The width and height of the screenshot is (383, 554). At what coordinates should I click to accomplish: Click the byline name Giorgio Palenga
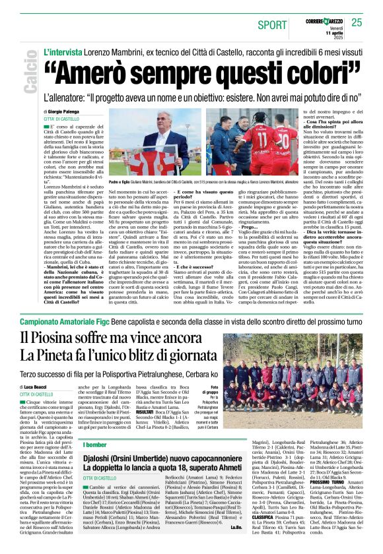click(71, 112)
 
